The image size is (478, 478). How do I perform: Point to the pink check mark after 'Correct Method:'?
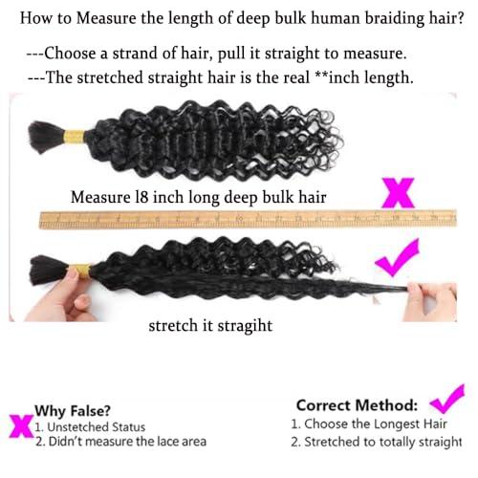[x=446, y=398]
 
